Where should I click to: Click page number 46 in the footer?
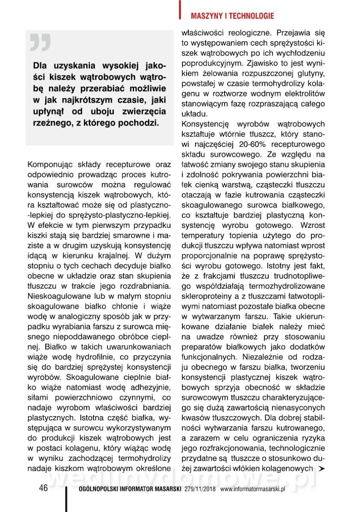pos(43,488)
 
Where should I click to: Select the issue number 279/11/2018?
pos(201,489)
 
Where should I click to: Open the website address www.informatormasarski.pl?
pos(252,489)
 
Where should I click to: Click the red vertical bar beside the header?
pos(180,9)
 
